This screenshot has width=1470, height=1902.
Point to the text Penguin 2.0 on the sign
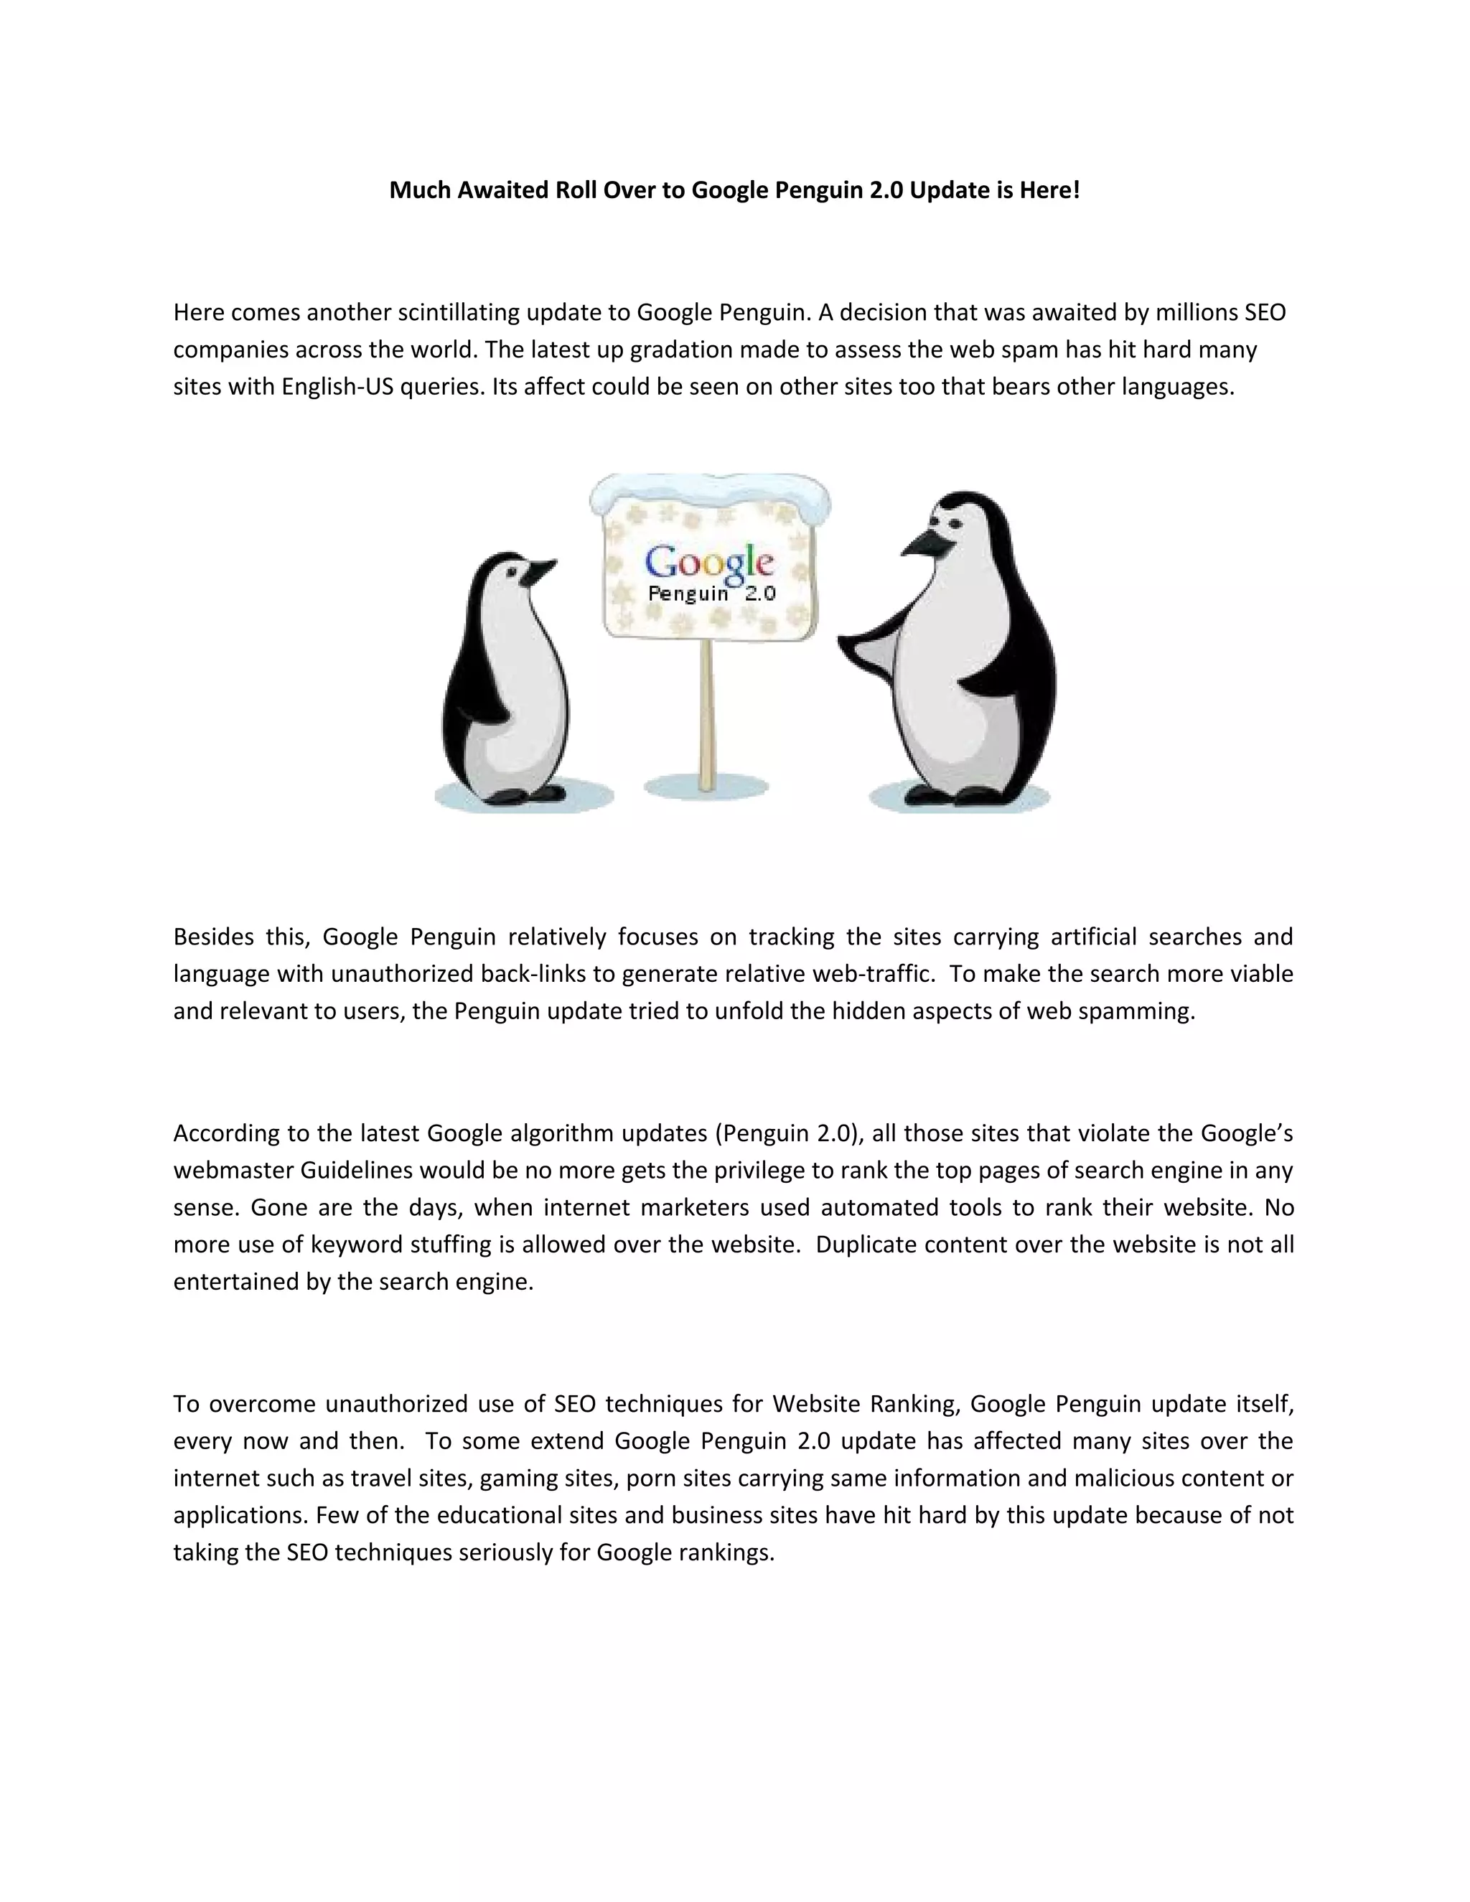point(711,595)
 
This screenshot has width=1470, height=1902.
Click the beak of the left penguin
point(542,571)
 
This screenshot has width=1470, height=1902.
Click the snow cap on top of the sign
point(710,489)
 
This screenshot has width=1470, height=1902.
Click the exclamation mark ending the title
point(1077,190)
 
